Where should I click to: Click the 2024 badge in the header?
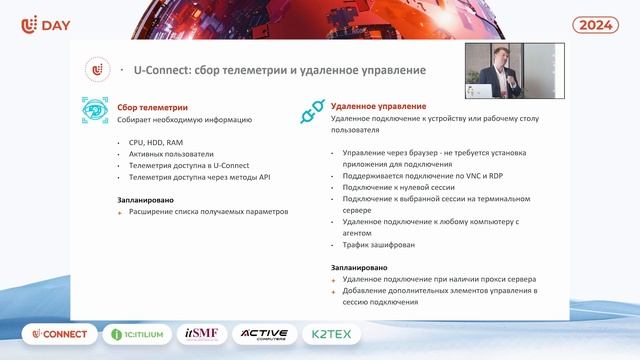(x=597, y=25)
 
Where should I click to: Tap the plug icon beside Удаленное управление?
(x=313, y=112)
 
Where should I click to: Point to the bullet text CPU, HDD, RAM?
(x=155, y=142)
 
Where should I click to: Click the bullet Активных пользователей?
(x=171, y=154)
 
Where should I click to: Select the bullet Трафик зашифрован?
(x=371, y=244)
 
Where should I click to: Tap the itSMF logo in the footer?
(x=206, y=334)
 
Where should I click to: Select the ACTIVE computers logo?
(x=266, y=334)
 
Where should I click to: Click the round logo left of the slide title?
(x=96, y=70)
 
